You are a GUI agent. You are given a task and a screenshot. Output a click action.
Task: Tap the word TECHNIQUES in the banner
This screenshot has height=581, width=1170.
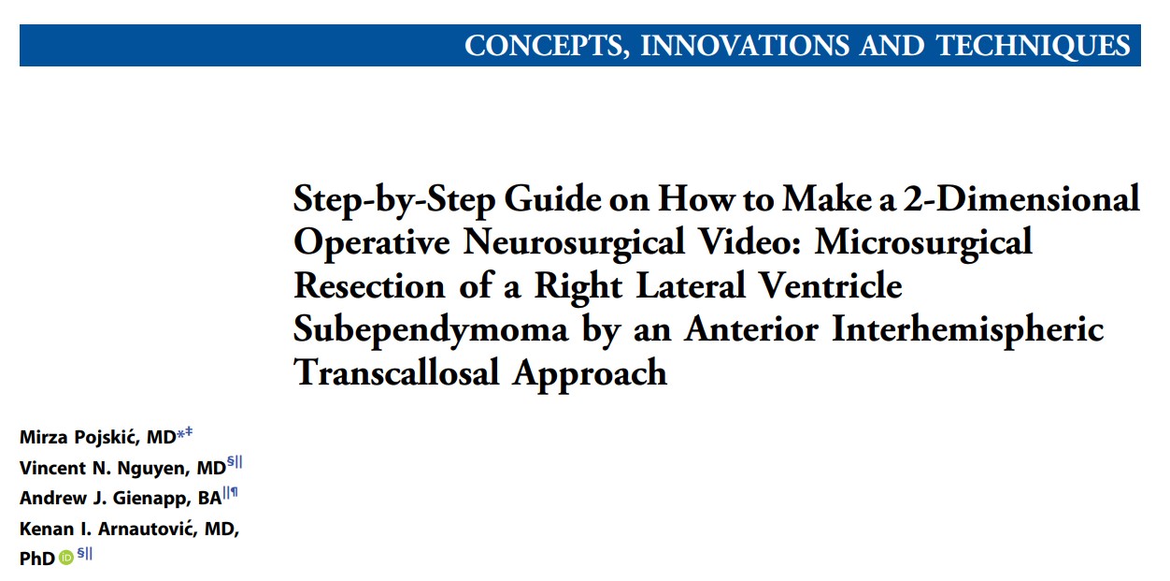1034,46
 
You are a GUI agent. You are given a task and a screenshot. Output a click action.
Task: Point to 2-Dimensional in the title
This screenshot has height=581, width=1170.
1021,199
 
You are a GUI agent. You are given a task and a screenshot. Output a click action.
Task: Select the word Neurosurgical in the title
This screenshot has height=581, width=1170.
574,243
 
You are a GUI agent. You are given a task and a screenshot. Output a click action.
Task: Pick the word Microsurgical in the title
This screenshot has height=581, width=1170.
923,243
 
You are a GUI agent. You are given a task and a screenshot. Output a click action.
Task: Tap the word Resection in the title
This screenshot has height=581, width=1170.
369,285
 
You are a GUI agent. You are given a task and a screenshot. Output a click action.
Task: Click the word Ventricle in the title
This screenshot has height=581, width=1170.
830,285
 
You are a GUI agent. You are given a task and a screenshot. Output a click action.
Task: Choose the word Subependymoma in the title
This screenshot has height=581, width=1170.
431,330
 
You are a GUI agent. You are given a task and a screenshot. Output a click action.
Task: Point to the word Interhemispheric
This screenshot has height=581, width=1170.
967,330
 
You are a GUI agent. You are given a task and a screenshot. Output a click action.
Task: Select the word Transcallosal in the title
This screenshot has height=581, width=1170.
396,372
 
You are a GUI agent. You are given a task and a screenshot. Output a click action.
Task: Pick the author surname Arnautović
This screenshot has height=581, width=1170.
147,529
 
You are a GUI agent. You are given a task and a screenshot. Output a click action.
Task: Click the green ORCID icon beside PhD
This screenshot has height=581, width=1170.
66,558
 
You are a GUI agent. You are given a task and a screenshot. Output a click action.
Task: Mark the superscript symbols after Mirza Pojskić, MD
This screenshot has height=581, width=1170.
185,433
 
